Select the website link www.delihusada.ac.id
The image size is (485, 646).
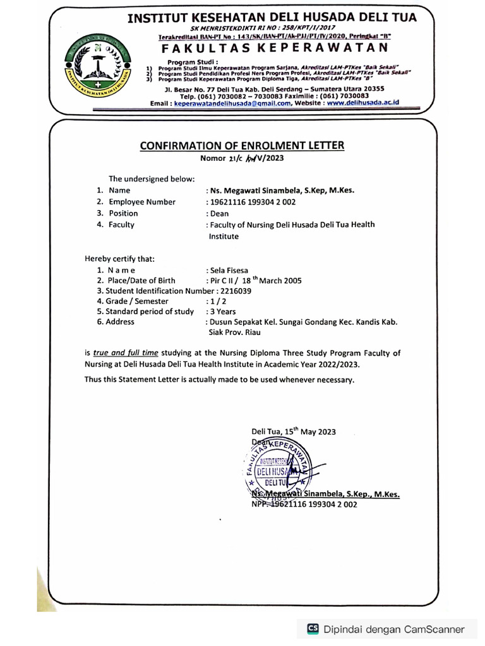pos(363,103)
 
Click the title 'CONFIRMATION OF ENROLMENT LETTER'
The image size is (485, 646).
pos(242,146)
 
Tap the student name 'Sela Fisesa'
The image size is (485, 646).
pos(231,269)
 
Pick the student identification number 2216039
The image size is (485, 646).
pos(234,291)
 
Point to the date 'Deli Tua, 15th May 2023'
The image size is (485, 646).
pos(294,432)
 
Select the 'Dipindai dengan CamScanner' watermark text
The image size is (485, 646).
pos(393,629)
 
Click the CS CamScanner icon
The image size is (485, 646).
pos(313,629)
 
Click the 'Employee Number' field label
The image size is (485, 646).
pos(142,202)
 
